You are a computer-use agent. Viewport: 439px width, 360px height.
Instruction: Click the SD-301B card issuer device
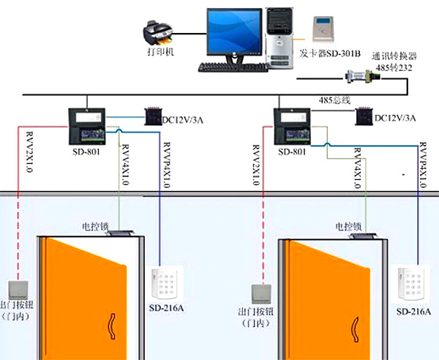323,30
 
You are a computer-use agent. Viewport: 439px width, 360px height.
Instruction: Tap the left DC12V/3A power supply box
151,116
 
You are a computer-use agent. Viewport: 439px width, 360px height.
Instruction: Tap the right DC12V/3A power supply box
363,116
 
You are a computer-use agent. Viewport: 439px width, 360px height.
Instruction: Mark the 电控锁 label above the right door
348,228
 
